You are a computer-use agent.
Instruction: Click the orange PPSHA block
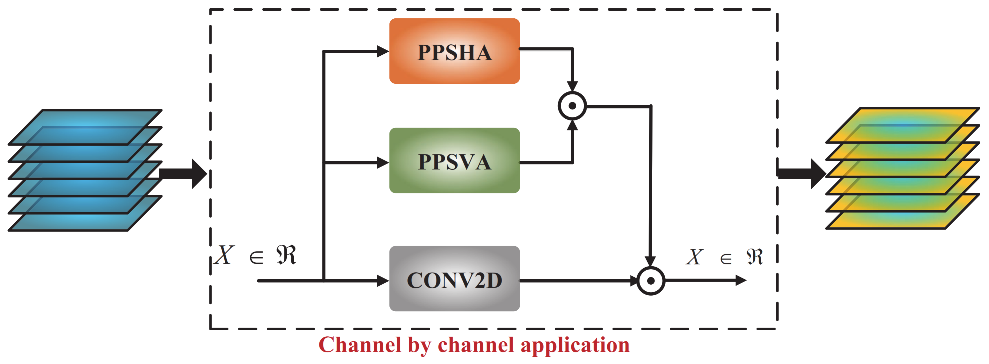tap(454, 51)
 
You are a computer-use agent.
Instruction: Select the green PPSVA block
tap(454, 160)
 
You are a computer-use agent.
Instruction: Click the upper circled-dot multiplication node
tap(572, 106)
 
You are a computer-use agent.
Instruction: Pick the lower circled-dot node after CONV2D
tap(651, 281)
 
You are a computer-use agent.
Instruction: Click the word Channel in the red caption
tap(360, 344)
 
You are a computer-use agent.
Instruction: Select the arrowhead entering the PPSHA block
tap(382, 51)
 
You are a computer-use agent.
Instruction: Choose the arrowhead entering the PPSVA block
tap(382, 162)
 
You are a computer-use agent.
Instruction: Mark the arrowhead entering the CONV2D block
tap(382, 281)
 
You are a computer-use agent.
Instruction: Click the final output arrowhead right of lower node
tap(741, 280)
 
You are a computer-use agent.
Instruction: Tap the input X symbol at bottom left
tap(225, 255)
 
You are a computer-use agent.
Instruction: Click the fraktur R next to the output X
tap(755, 257)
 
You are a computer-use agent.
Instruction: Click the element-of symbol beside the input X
tap(256, 257)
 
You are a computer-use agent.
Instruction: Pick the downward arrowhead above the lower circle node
tap(650, 262)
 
